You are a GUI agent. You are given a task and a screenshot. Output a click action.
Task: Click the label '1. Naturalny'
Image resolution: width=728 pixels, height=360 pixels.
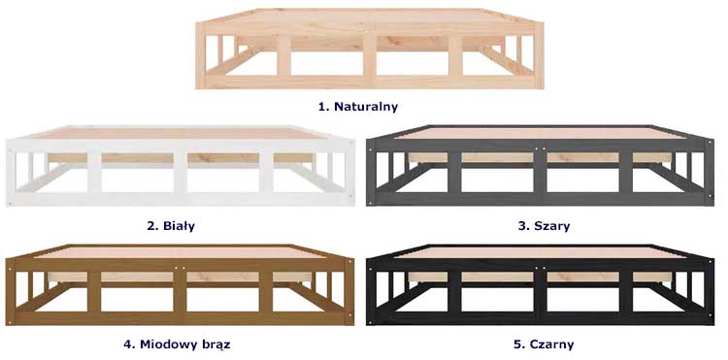click(x=358, y=107)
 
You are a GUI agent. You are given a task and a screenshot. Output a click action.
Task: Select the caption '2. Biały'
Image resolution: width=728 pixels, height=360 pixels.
click(x=171, y=226)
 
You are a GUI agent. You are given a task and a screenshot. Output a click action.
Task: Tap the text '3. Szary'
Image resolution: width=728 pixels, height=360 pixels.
click(x=544, y=226)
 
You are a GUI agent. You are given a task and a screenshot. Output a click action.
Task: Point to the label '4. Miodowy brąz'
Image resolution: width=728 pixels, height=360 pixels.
click(x=177, y=344)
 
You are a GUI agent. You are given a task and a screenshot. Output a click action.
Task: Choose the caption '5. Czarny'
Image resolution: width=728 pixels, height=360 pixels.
click(x=544, y=344)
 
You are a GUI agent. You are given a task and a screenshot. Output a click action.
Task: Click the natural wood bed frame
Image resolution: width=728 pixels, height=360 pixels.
click(x=370, y=49)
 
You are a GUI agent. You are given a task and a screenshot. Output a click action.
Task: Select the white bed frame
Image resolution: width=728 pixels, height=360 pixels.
click(x=181, y=166)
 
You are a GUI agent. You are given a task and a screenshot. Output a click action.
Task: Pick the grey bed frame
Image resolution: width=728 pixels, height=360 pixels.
click(x=540, y=166)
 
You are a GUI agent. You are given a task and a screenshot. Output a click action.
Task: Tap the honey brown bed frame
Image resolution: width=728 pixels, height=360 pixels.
click(x=181, y=284)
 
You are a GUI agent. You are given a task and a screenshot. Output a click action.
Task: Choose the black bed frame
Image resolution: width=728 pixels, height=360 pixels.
click(x=540, y=284)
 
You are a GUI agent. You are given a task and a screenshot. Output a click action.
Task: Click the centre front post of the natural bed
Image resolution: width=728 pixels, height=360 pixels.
click(x=370, y=55)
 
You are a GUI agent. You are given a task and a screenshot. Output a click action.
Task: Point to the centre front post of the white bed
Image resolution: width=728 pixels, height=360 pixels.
click(x=181, y=173)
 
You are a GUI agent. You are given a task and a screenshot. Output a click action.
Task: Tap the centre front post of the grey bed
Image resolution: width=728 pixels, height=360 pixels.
click(x=540, y=173)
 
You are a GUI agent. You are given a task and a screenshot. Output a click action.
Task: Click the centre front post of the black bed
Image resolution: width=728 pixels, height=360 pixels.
click(x=540, y=291)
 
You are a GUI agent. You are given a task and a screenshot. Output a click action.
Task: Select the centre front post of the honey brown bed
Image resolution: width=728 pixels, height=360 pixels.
click(x=181, y=291)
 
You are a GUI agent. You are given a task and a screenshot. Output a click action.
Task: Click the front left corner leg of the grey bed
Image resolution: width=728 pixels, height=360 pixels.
click(x=371, y=172)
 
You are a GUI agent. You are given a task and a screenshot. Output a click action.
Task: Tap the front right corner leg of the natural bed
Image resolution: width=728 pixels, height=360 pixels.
click(x=539, y=55)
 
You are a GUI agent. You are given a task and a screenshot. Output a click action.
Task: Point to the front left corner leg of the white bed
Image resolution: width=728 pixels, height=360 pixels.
click(x=11, y=172)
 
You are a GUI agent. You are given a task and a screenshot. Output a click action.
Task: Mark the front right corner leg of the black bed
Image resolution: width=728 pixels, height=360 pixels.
click(x=709, y=291)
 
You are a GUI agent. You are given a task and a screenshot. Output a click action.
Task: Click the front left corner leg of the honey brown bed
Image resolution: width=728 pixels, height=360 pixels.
click(x=11, y=291)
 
